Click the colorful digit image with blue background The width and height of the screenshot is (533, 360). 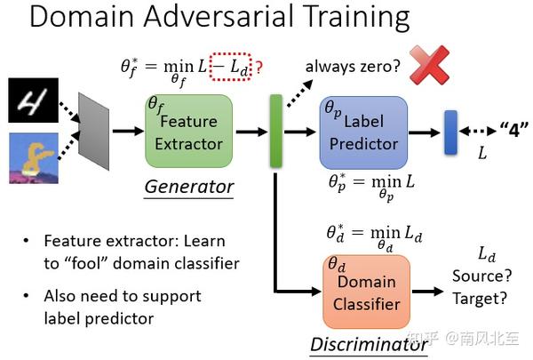pyautogui.click(x=34, y=157)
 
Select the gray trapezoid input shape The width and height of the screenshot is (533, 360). pyautogui.click(x=93, y=132)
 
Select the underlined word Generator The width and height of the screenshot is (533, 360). pyautogui.click(x=189, y=187)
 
